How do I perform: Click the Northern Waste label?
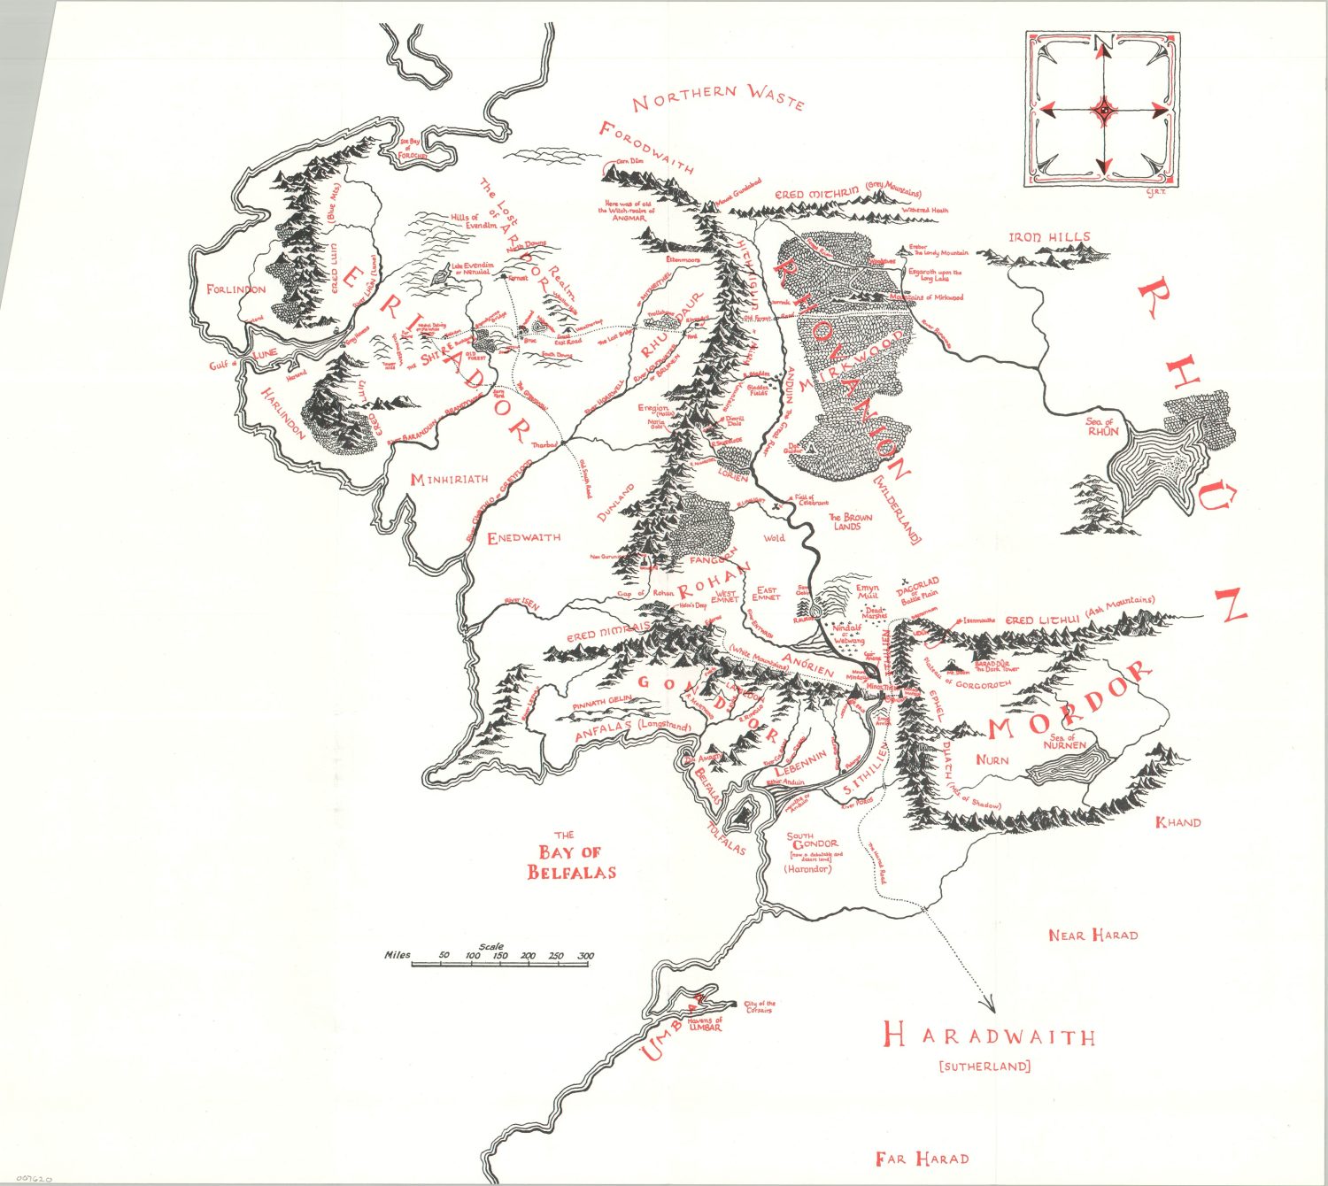(718, 97)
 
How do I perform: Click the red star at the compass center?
(1104, 110)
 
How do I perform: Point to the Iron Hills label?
(1050, 237)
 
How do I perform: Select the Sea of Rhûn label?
(1102, 427)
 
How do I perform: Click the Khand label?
(1178, 822)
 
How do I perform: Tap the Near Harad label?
(1093, 935)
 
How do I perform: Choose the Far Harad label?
(922, 1158)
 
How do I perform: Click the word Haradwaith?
(990, 1036)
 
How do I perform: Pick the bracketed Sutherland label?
(984, 1067)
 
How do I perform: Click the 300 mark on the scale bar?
(585, 956)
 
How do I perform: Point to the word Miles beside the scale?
(398, 956)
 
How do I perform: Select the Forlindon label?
(235, 289)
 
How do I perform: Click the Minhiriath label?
(449, 479)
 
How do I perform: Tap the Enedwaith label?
(524, 537)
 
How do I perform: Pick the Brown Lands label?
(850, 521)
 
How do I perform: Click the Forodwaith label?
(646, 148)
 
